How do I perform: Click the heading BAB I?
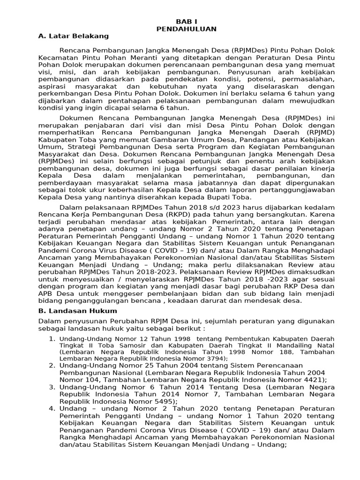186,22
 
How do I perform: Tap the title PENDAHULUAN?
186,29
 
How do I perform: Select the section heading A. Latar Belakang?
73,36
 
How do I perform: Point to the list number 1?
52,338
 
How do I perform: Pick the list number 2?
52,365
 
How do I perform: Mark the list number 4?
52,410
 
